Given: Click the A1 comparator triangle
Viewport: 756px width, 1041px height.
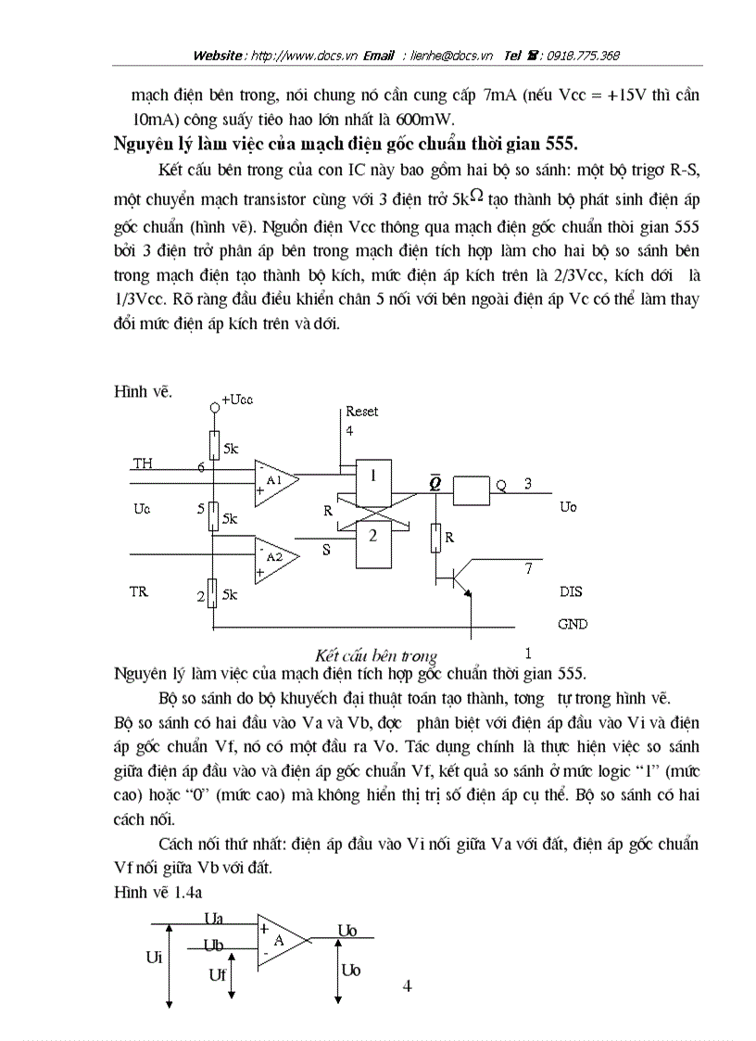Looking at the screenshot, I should pos(274,481).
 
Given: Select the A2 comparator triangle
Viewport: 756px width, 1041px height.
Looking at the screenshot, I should pos(274,558).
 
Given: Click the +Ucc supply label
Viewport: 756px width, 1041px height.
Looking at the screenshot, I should pos(236,399).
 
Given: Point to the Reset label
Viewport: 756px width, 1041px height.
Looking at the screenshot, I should pos(361,412).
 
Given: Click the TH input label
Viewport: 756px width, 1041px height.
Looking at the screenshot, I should pos(143,463).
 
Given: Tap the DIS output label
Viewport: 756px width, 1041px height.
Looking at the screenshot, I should pos(571,591).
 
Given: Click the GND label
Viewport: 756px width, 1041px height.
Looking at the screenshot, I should pos(573,624).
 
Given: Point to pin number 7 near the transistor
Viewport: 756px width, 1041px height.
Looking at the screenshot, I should pos(528,568).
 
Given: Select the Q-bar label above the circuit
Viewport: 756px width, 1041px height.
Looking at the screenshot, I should pos(435,481).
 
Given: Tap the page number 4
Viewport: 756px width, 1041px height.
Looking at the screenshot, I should pos(407,985).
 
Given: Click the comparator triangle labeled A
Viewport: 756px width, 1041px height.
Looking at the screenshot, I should pos(280,940).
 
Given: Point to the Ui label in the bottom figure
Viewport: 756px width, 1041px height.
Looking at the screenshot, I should pos(154,958).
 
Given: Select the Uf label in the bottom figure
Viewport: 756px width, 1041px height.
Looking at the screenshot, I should pos(217,974).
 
